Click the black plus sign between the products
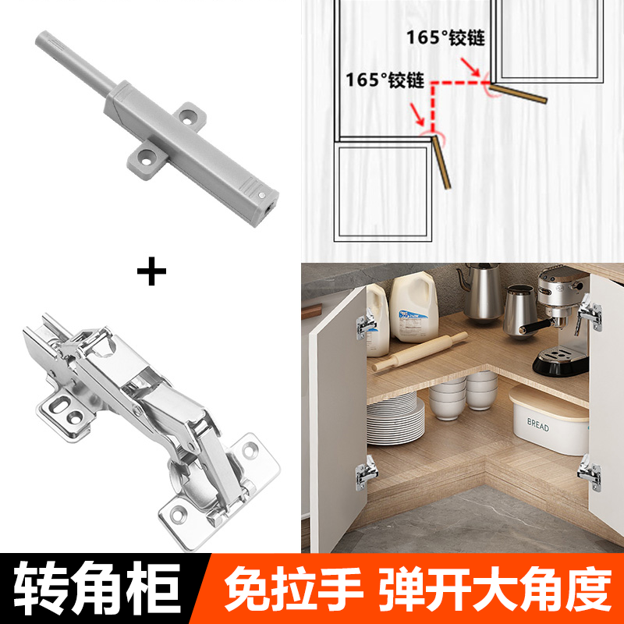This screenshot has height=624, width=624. (151, 273)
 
